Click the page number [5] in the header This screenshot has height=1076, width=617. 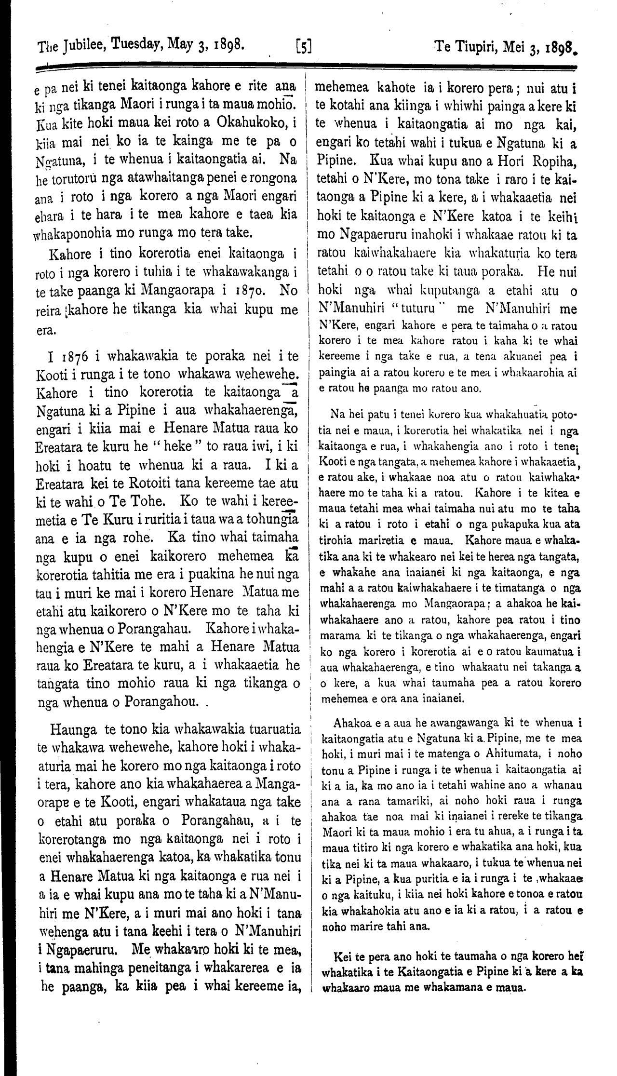pos(303,47)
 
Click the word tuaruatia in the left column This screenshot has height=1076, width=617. pos(274,714)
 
